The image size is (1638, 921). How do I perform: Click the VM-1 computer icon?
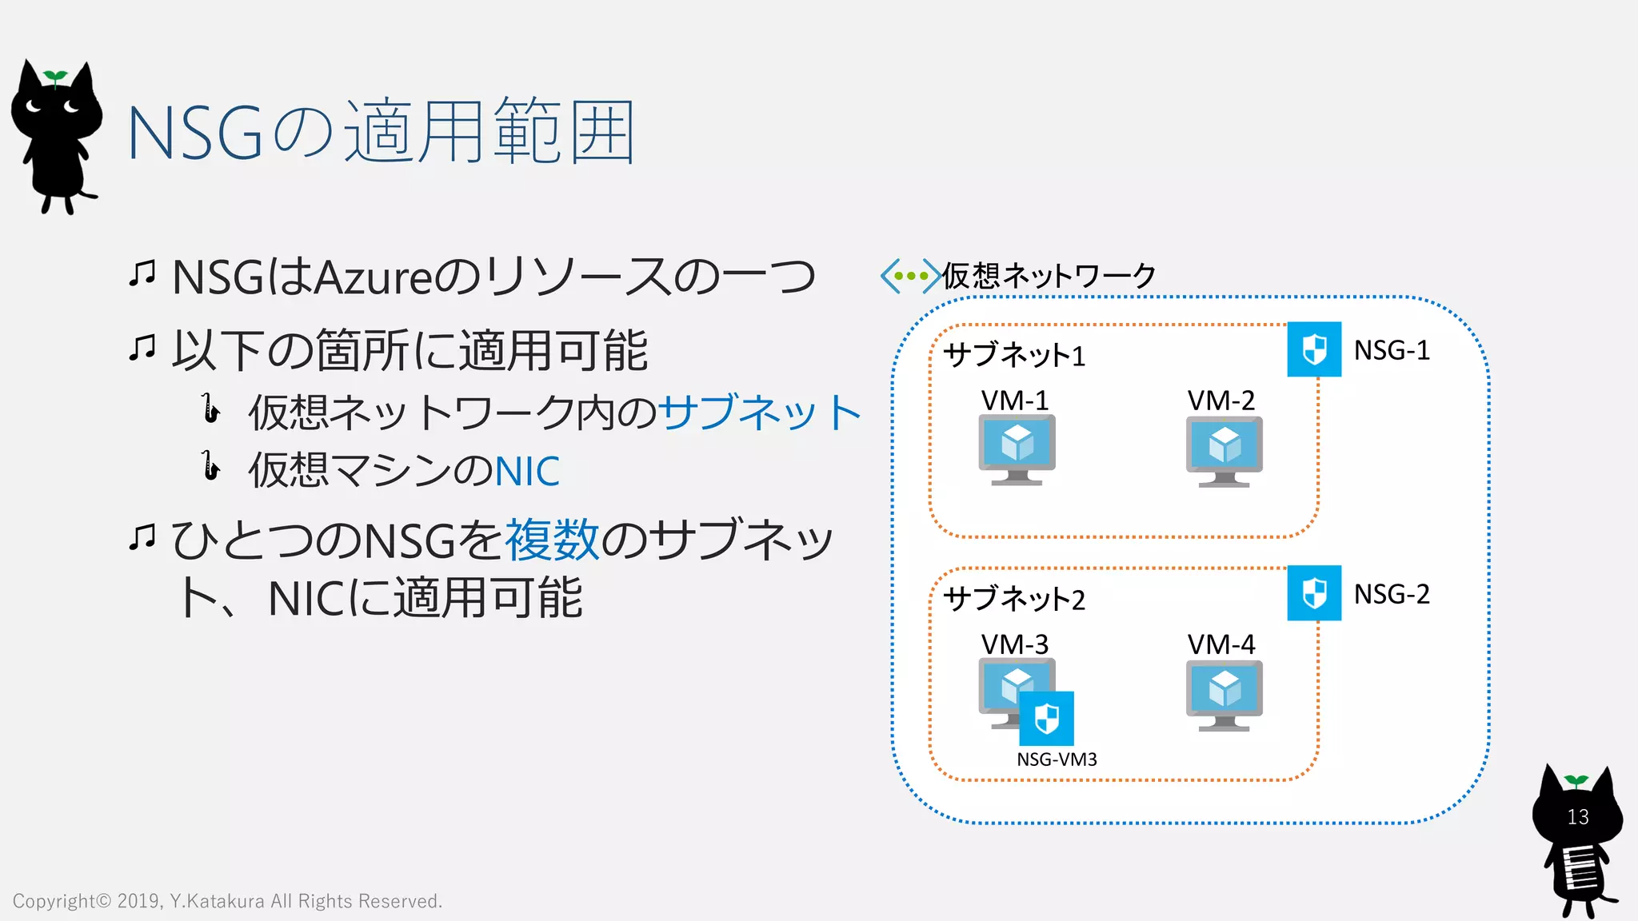tap(1017, 449)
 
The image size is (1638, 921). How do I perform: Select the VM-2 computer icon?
tap(1224, 451)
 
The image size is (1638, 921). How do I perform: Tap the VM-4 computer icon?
tap(1224, 695)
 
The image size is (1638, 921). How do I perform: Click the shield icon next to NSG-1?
tap(1314, 349)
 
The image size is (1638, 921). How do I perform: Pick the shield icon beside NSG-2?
tap(1314, 593)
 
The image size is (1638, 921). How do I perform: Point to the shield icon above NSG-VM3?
tap(1047, 718)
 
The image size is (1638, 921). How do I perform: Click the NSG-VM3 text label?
tap(1057, 760)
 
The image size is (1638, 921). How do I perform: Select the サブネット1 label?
tap(1014, 355)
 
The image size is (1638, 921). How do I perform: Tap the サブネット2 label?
tap(1014, 599)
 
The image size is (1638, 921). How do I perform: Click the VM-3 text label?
tap(1014, 644)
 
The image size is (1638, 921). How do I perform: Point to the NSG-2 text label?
tap(1392, 594)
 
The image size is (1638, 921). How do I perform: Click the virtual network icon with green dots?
tap(910, 276)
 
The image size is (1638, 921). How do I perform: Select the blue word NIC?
tap(527, 471)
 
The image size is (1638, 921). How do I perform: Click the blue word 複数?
tap(551, 540)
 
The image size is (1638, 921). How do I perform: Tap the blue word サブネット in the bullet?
tap(759, 413)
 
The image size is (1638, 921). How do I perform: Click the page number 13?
tap(1577, 817)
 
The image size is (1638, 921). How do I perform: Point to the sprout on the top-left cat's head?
tap(55, 77)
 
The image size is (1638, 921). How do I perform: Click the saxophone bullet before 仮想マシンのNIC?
tap(210, 466)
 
